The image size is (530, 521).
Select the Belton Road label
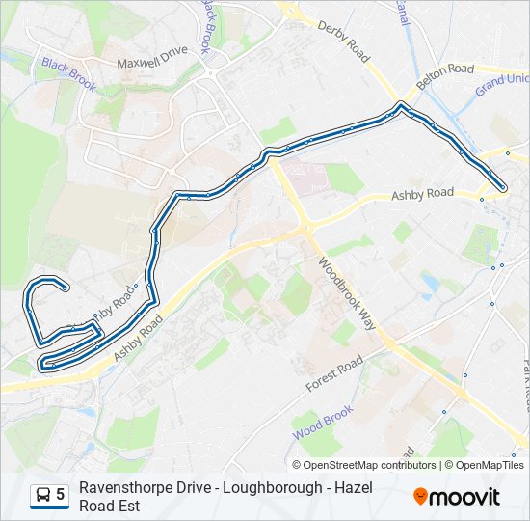click(445, 71)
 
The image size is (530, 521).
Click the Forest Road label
click(333, 373)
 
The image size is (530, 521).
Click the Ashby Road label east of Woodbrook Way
click(422, 195)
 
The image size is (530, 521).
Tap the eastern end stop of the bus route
click(503, 187)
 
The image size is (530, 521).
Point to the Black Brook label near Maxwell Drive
click(67, 75)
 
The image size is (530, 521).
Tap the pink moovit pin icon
click(421, 497)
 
